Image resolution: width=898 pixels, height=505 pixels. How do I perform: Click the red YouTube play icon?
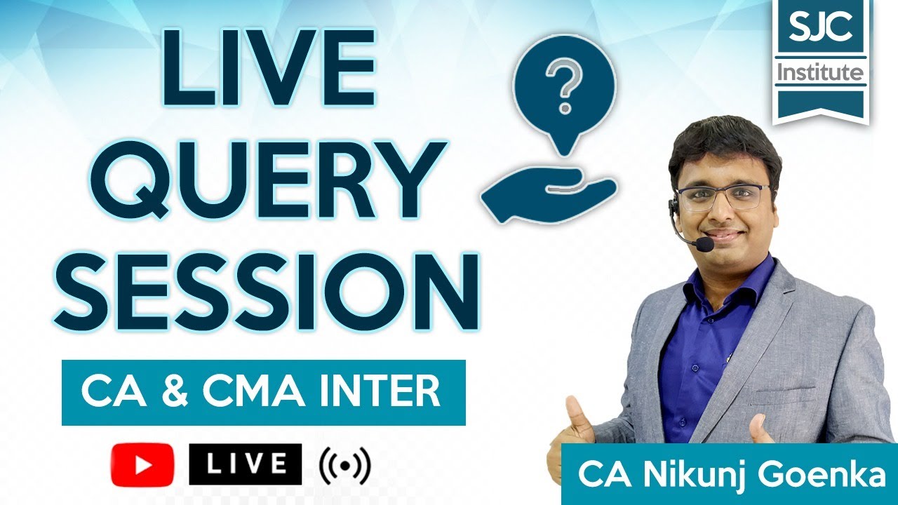point(142,465)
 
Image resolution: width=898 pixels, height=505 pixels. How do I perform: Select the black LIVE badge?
point(245,464)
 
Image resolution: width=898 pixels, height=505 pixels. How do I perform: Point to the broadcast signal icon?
point(344,464)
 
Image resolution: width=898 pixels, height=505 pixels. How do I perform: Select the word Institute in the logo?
point(819,72)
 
